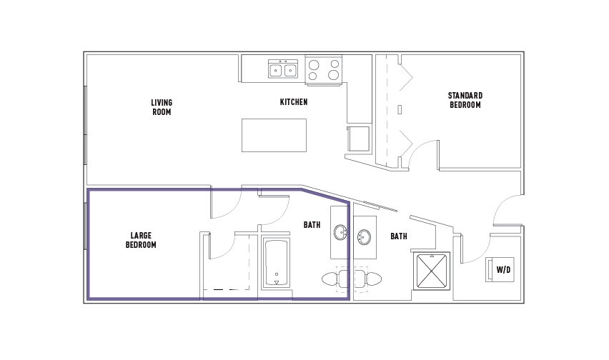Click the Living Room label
click(162, 107)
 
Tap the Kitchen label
click(294, 102)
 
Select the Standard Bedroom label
click(465, 100)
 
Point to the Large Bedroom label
click(141, 240)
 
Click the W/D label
click(503, 269)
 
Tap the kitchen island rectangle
click(274, 136)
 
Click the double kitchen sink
click(283, 69)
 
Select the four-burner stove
click(324, 69)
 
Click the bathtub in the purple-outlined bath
click(276, 264)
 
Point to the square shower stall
click(432, 271)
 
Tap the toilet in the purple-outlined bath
click(335, 279)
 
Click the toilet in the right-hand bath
click(368, 279)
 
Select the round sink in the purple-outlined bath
click(341, 233)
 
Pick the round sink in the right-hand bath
click(364, 237)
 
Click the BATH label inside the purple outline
click(312, 224)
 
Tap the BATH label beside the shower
click(398, 236)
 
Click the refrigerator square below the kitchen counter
click(358, 139)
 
